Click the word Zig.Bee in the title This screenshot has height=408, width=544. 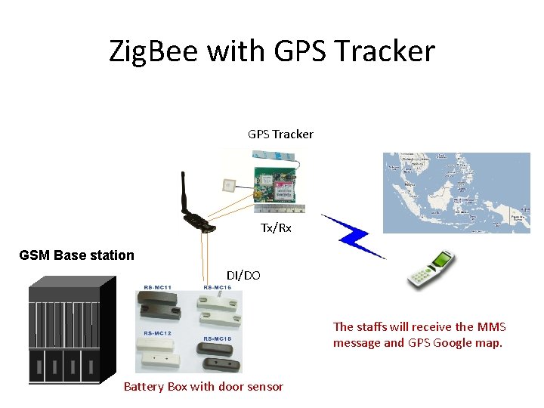153,51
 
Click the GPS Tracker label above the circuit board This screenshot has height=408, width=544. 280,134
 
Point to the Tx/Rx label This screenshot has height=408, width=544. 276,227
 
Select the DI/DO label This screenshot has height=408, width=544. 243,276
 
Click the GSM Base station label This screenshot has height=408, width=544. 76,255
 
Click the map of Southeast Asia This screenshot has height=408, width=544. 456,193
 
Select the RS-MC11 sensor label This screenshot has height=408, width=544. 158,288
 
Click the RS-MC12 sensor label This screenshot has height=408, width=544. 156,333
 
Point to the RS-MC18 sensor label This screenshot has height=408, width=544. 216,338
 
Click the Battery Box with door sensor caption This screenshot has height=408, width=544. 203,387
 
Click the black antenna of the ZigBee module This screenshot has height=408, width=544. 184,196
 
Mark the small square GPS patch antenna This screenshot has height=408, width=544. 228,184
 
